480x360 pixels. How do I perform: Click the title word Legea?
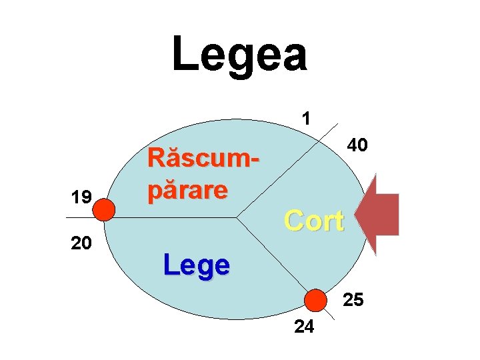(x=239, y=55)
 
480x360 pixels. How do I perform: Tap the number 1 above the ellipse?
(x=305, y=119)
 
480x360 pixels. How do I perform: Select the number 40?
(x=357, y=145)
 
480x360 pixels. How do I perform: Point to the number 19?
(x=82, y=197)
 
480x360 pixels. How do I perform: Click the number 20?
(x=81, y=243)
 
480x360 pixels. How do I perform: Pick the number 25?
(x=353, y=301)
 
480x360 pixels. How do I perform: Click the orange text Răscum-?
(x=203, y=159)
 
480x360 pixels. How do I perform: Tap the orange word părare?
(x=188, y=190)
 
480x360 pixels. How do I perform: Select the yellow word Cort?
(x=313, y=221)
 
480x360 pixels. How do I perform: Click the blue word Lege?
(x=197, y=265)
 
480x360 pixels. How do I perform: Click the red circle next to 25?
(x=315, y=301)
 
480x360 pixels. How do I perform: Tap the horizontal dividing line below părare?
(x=180, y=217)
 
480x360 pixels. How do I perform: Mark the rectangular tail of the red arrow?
(x=388, y=215)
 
